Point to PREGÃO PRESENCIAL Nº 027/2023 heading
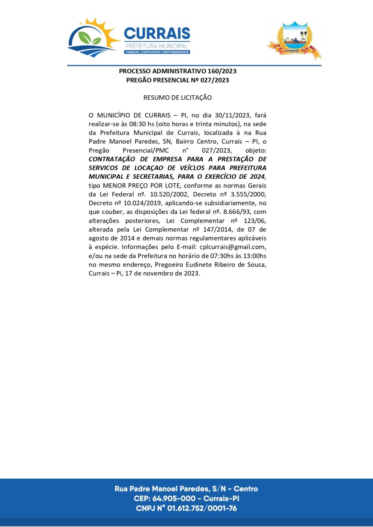[x=177, y=80]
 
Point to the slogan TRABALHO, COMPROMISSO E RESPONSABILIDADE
[x=157, y=52]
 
